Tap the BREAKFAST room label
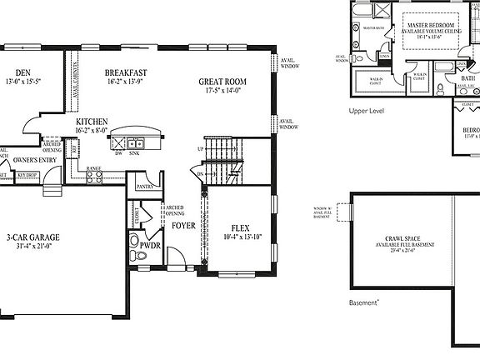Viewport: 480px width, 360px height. pos(127,72)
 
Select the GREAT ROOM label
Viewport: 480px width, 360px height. pos(220,82)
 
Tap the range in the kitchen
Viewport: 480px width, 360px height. pos(94,177)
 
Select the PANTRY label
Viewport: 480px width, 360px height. pos(145,187)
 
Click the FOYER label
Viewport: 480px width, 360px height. pos(183,225)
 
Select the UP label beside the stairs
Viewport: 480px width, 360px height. pos(200,149)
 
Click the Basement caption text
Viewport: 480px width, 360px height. pos(365,302)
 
